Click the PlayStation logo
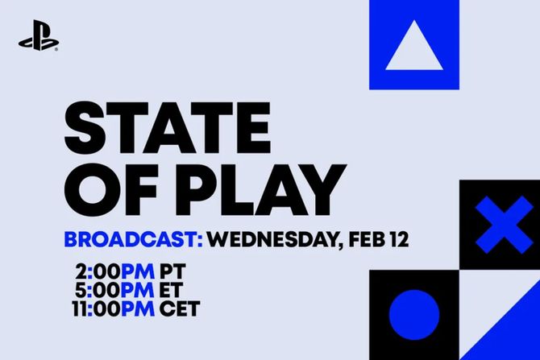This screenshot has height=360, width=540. pyautogui.click(x=38, y=41)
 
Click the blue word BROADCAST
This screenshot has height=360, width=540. pyautogui.click(x=132, y=241)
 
